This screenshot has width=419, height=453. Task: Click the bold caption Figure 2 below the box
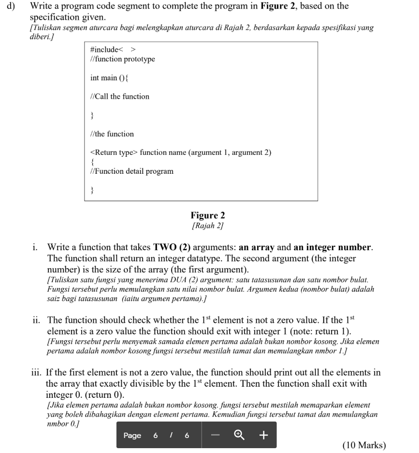pos(208,215)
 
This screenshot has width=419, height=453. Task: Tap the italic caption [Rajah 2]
pos(208,226)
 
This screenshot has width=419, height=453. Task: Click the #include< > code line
pos(113,49)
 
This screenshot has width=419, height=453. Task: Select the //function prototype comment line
pos(123,59)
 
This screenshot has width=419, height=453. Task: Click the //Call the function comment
pos(120,96)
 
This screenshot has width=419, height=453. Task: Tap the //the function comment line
pos(112,134)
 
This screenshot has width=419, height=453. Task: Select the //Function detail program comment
pos(132,171)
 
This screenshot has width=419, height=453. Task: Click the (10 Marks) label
pos(364,445)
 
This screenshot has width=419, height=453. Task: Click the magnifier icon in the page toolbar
pos(238,435)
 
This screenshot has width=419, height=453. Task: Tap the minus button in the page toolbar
pos(215,435)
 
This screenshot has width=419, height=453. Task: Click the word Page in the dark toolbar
pos(132,436)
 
